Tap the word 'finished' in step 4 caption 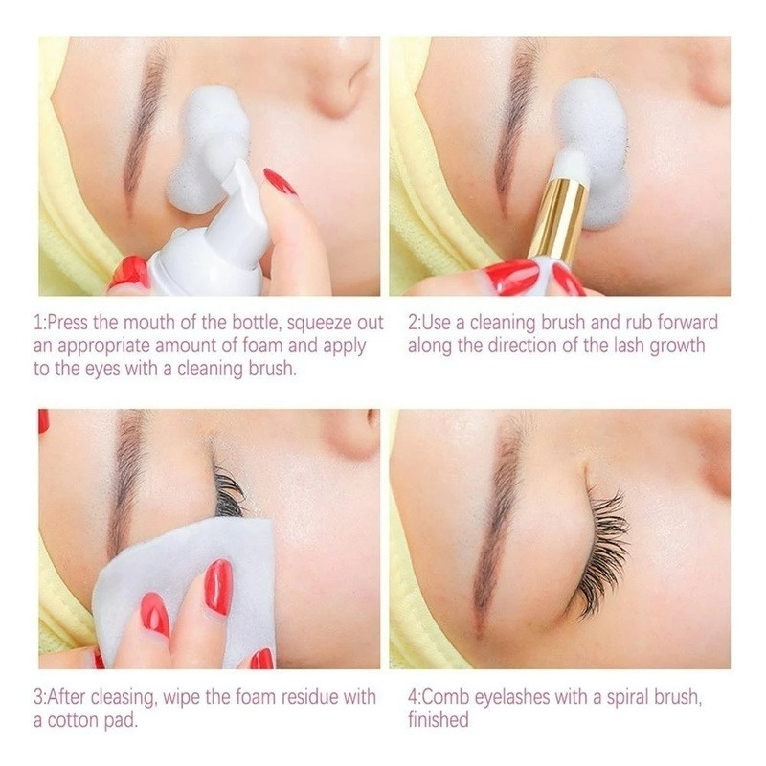coord(439,720)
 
